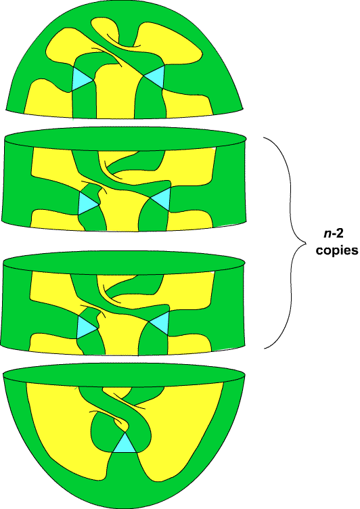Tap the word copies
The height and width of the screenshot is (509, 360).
tap(337, 250)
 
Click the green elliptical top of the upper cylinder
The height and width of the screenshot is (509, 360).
tap(125, 139)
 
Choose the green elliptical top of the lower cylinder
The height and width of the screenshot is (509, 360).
tap(123, 263)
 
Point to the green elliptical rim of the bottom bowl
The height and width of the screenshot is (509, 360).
tap(124, 375)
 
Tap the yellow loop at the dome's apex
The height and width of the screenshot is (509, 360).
tap(114, 32)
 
